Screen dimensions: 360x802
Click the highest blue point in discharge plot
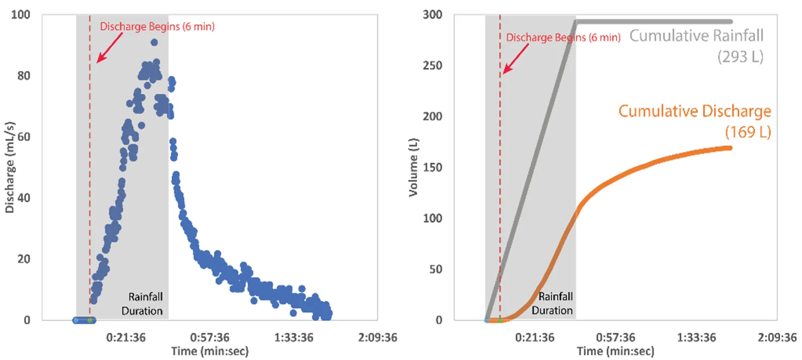tap(154, 42)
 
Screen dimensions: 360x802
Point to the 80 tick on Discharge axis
tap(24, 76)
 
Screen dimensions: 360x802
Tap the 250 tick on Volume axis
tap(433, 66)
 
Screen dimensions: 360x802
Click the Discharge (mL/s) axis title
tap(10, 167)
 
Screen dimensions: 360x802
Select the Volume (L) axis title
tap(413, 167)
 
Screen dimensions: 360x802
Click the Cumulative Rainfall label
tap(696, 36)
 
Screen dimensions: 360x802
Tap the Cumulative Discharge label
tap(694, 111)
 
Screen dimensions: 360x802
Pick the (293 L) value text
tap(740, 57)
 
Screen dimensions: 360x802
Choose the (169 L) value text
tap(747, 132)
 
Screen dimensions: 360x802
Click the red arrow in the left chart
tap(110, 48)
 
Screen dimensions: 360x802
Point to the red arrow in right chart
tap(515, 59)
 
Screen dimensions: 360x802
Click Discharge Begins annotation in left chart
tap(157, 27)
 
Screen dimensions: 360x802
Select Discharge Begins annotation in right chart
tap(563, 37)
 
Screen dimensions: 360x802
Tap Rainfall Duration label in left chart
tap(143, 303)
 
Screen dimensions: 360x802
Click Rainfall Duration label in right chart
tap(553, 303)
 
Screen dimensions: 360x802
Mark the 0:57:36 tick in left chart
tap(209, 337)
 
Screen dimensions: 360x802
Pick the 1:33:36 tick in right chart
tap(696, 337)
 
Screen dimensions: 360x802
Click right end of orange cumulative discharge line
tap(730, 148)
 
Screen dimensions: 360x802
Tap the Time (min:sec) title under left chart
tap(209, 351)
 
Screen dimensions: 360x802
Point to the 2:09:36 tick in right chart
tap(777, 337)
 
